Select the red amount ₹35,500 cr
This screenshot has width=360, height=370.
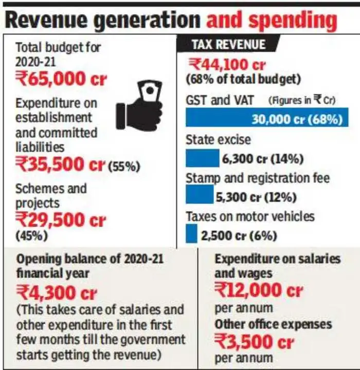click(x=60, y=164)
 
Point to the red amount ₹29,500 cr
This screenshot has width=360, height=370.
click(x=60, y=220)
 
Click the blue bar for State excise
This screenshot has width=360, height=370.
click(x=202, y=157)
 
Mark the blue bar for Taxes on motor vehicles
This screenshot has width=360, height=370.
click(x=191, y=234)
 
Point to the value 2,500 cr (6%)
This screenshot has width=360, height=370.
click(x=239, y=236)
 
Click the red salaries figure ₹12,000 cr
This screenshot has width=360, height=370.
click(x=259, y=290)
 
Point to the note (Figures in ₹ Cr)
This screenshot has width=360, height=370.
click(x=302, y=100)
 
